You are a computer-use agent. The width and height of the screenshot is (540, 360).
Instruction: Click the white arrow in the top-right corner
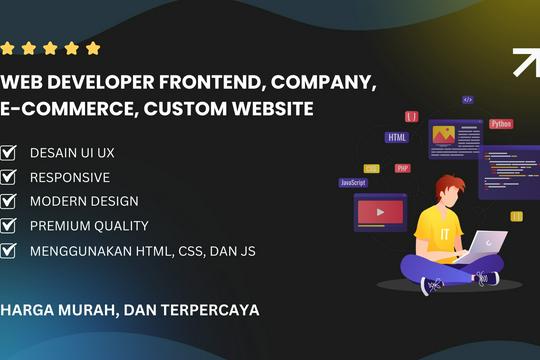pos(525,62)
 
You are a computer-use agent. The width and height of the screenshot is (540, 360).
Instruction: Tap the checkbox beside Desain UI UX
pos(9,153)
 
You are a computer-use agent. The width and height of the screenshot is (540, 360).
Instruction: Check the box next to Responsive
pos(9,177)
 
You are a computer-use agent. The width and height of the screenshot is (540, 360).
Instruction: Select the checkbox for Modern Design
pos(9,201)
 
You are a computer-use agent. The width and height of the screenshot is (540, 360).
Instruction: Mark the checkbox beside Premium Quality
pos(9,226)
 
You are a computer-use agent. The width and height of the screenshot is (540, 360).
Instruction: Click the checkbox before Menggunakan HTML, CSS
pos(9,251)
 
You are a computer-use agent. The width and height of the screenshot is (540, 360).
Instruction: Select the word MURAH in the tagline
pos(83,310)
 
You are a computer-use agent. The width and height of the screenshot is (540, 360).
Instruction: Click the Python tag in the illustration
pos(501,124)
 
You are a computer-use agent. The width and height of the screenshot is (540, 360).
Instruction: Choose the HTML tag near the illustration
pos(397,137)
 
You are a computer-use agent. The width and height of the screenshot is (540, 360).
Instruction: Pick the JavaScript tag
pos(353,183)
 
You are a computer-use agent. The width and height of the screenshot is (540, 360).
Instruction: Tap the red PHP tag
pos(402,168)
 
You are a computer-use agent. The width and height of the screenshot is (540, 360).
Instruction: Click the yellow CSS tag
pos(372,169)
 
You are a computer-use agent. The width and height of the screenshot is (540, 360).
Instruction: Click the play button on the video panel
pos(379,211)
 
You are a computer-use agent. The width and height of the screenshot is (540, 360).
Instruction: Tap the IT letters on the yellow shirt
pos(432,233)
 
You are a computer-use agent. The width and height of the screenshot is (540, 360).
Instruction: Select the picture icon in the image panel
pos(442,133)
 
